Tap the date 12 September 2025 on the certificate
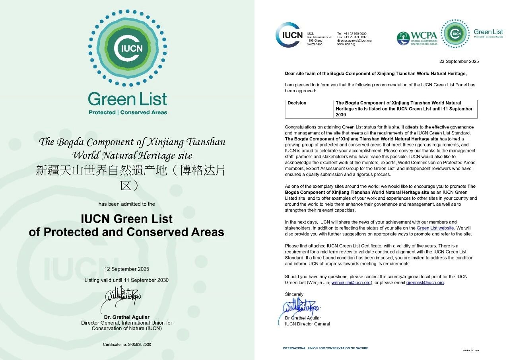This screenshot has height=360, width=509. click(x=126, y=269)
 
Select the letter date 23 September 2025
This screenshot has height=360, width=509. click(x=459, y=61)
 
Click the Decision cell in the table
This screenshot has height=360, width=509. click(x=297, y=103)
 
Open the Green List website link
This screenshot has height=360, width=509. click(x=435, y=228)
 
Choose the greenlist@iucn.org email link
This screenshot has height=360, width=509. click(x=425, y=282)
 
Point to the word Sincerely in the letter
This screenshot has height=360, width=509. click(x=295, y=294)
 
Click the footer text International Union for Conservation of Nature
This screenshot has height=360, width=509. click(x=325, y=348)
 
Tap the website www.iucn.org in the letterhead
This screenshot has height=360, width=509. click(x=346, y=44)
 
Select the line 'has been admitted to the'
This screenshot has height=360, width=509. click(x=126, y=204)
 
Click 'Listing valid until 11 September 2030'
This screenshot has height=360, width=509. click(x=126, y=280)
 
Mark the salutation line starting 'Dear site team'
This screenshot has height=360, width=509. click(x=375, y=73)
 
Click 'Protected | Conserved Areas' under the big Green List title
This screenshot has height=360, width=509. click(x=128, y=113)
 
